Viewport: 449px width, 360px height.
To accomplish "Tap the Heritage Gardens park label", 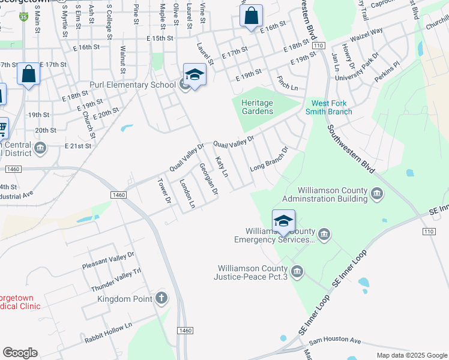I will coord(257,107).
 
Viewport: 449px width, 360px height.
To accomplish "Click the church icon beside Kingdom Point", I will coord(161,298).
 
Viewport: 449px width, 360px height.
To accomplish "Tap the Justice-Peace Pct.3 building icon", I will coord(297,272).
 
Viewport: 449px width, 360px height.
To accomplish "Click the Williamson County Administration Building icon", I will coord(377,193).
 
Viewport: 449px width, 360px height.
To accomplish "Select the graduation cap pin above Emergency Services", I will coord(283,221).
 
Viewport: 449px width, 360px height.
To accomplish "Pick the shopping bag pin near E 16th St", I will coord(251,15).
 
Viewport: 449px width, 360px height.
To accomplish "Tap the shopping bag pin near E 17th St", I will coord(28,74).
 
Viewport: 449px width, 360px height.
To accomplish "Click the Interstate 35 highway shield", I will coord(23,17).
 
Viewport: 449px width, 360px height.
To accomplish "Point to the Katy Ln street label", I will coord(222,167).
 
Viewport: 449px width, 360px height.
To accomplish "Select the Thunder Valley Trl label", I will coord(116,280).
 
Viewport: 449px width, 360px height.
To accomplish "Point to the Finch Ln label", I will coord(287,83).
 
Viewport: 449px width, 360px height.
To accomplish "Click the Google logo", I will coord(20,352).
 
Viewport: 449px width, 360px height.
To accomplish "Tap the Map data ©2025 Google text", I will coord(411,355).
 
